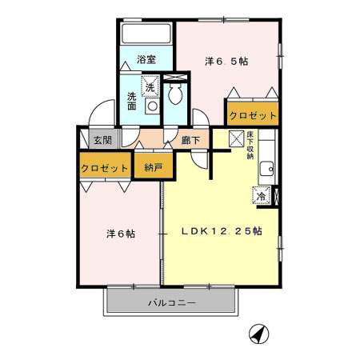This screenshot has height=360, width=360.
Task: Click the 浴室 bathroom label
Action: click(x=145, y=60)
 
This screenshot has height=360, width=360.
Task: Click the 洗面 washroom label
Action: click(x=132, y=100)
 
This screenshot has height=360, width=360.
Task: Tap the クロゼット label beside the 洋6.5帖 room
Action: click(x=252, y=116)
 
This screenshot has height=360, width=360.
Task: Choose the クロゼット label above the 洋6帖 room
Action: click(x=105, y=168)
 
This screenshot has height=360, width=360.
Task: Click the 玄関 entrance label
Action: click(x=102, y=141)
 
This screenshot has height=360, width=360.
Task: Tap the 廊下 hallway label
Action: click(x=190, y=140)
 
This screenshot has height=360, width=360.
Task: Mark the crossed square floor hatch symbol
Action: click(x=237, y=138)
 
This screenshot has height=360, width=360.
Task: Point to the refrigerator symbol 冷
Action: click(x=261, y=194)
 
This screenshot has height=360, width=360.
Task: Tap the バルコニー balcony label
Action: click(x=172, y=303)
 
